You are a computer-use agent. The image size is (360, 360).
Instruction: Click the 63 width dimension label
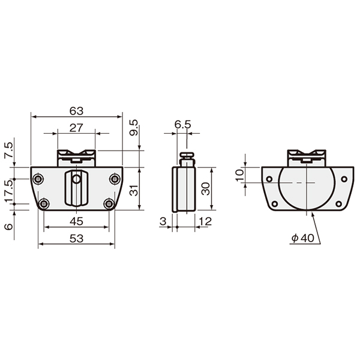click(x=76, y=111)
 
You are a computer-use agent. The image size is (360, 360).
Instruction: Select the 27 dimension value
click(x=76, y=128)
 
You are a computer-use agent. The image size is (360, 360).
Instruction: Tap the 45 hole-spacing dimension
click(x=76, y=221)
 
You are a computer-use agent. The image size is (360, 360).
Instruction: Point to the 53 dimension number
click(x=76, y=239)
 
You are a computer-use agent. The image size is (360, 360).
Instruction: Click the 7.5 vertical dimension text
click(x=9, y=149)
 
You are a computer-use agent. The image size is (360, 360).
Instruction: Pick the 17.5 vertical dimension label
click(x=9, y=191)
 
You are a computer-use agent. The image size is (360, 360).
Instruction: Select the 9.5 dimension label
click(x=134, y=128)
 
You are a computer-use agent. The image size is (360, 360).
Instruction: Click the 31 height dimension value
click(x=134, y=190)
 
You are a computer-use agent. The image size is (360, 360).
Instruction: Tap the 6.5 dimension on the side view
click(x=182, y=125)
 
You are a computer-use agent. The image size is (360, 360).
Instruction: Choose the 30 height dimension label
click(x=205, y=189)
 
